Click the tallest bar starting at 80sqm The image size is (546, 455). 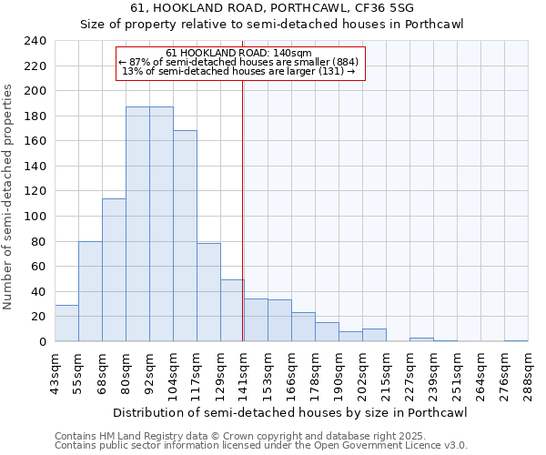click(x=137, y=224)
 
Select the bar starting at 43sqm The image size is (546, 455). click(x=66, y=323)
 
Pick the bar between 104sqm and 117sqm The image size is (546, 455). click(x=185, y=236)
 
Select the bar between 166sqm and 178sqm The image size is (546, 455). click(x=303, y=327)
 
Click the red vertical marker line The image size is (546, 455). click(x=243, y=209)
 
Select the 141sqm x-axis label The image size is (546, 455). click(x=244, y=374)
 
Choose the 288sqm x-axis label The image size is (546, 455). click(x=528, y=374)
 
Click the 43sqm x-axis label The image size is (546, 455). click(x=55, y=374)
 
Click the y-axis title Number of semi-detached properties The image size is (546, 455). click(x=9, y=197)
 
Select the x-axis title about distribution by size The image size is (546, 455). click(x=291, y=413)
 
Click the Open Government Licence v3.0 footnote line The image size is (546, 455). click(x=261, y=445)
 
